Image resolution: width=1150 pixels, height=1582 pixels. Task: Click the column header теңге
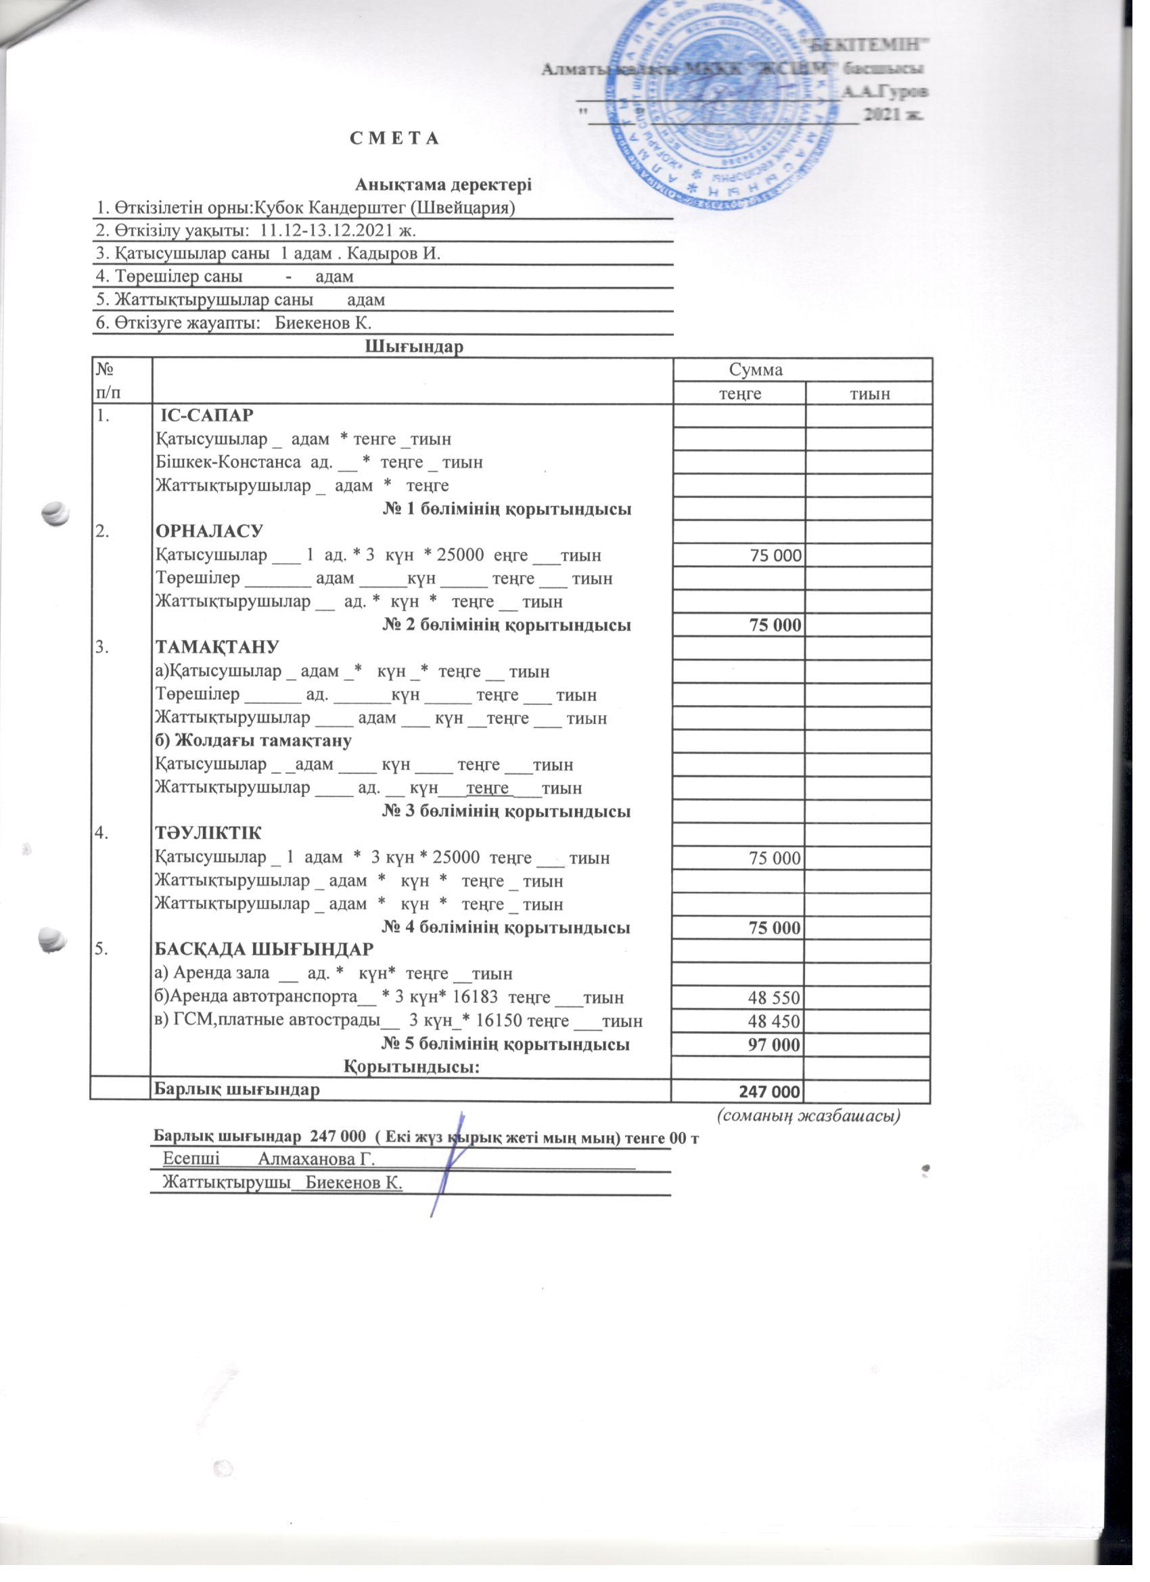[740, 393]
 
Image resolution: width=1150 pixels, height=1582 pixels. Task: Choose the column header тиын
[869, 393]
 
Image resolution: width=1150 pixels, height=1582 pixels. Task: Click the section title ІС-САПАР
[207, 415]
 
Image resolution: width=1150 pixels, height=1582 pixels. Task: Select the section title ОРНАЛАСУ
[209, 532]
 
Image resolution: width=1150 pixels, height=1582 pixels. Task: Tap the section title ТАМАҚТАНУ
[217, 648]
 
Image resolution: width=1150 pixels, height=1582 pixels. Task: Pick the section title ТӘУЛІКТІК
[208, 834]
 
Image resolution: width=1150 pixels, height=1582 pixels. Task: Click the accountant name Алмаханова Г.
[317, 1159]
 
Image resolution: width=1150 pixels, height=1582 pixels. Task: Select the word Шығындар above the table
[414, 346]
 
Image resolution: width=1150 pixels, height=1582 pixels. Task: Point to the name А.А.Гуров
[885, 91]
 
